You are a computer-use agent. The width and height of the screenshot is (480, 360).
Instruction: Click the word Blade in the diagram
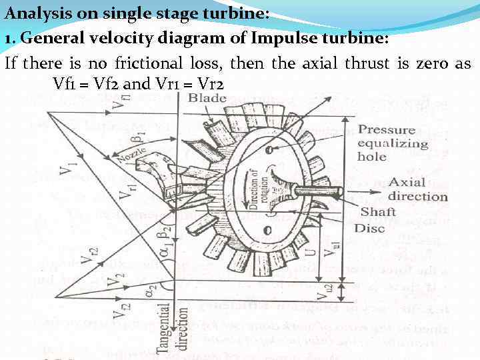point(207,99)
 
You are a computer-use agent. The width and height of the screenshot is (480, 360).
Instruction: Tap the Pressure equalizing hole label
point(393,143)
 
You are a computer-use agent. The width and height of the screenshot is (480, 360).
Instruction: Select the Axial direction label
point(417,189)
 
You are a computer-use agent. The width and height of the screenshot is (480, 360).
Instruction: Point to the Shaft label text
point(378,212)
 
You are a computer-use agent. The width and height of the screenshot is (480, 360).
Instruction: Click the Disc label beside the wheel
point(369,229)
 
